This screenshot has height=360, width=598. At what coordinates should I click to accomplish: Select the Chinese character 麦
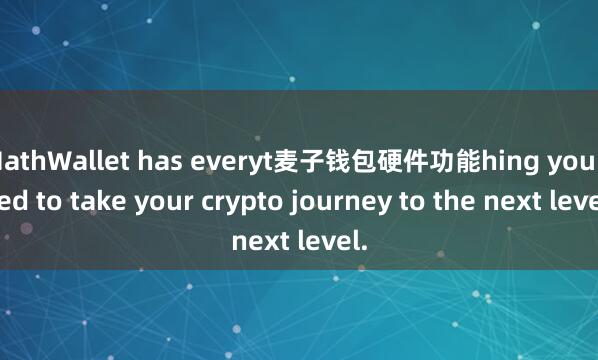coord(283,157)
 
